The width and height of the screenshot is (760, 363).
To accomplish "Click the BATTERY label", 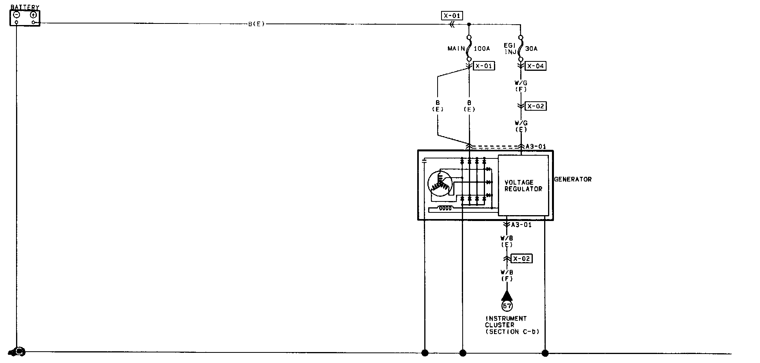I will (x=25, y=7).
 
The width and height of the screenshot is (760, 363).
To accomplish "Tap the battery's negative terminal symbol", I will (x=17, y=15).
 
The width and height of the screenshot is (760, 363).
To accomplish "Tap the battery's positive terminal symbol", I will (x=33, y=15).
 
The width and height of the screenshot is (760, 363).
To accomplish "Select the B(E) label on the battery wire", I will (x=257, y=24).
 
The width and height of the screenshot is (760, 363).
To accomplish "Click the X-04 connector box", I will (x=535, y=66).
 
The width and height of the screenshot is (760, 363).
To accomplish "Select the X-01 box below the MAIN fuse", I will (x=484, y=66).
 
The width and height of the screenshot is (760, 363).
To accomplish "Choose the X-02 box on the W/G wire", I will (x=535, y=106).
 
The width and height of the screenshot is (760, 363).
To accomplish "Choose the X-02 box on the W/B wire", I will (x=522, y=259).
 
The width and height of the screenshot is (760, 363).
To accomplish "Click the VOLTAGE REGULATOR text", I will (x=523, y=185).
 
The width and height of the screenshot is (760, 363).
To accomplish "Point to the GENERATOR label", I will (x=572, y=179).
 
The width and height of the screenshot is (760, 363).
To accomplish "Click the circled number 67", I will (x=507, y=306).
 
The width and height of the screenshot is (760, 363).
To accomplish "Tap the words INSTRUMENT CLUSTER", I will (x=506, y=322).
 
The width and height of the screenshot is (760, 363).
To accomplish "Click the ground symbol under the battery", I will (x=18, y=352).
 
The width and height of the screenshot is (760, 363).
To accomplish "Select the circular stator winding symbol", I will (x=440, y=183).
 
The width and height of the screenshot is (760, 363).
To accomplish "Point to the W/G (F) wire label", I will (x=521, y=86).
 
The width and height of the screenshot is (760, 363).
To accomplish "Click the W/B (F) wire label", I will (x=507, y=275).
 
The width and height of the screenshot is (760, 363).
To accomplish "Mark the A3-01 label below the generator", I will (x=521, y=225).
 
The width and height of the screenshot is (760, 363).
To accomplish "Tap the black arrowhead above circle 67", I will (x=507, y=295).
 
